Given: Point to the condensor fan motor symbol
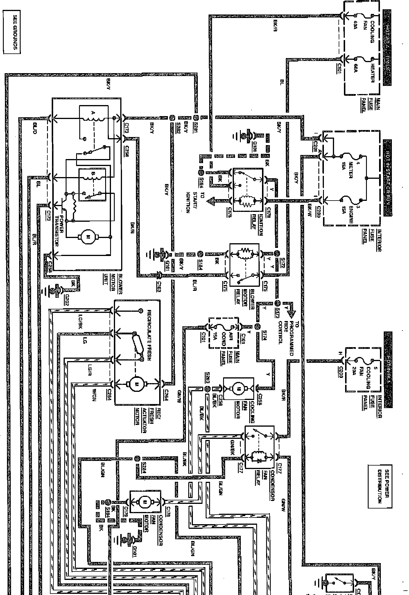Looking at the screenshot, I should click(x=144, y=501).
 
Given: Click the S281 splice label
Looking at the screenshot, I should click(x=195, y=127).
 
